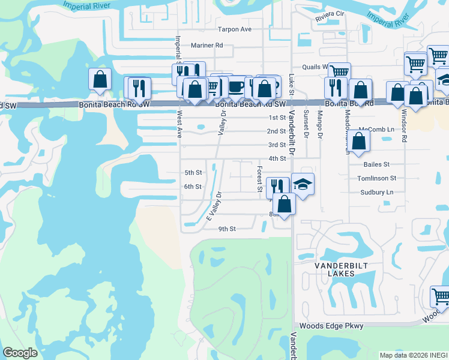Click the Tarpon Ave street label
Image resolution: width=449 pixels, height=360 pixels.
234,29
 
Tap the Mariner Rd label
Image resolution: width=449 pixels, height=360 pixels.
206,45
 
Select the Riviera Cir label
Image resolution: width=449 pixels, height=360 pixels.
330,14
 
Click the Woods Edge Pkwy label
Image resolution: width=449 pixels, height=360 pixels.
336,326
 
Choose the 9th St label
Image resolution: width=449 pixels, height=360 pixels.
227,229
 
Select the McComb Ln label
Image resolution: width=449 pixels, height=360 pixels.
376,130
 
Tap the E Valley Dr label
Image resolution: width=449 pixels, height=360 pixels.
214,206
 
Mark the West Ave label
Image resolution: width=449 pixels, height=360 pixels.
179,123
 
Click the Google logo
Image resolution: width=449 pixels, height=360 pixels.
20,353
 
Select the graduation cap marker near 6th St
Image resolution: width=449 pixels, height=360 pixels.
303,183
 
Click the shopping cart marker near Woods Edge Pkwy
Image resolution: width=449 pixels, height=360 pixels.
441,296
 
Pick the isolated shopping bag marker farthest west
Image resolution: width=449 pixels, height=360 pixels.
100,79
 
